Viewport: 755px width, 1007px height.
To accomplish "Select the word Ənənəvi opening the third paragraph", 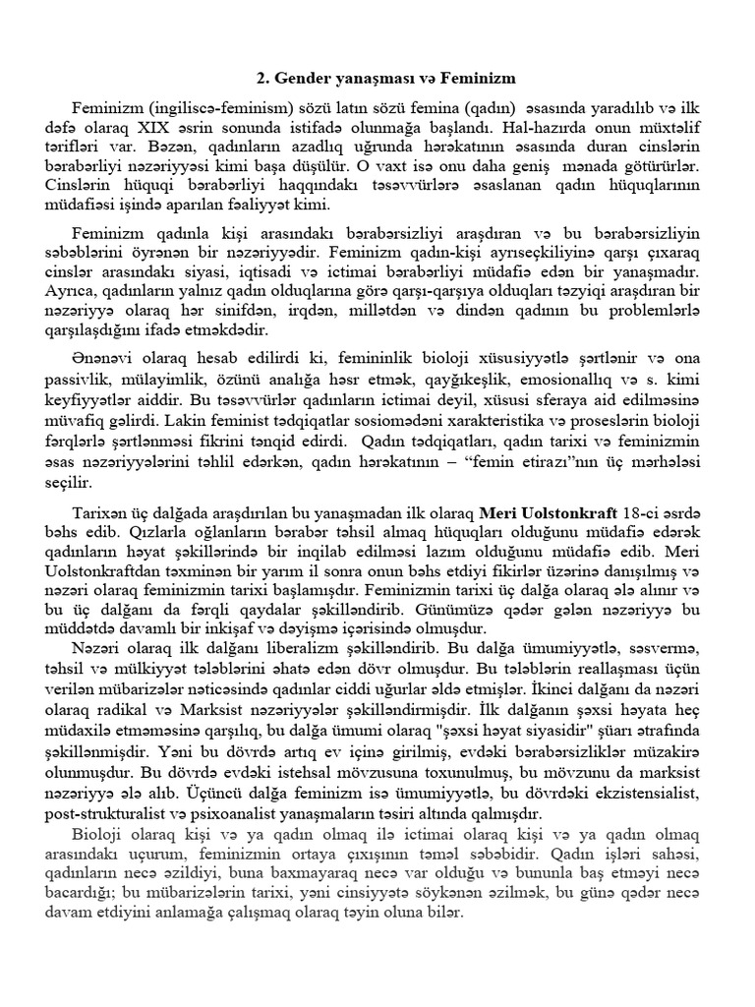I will (103, 352).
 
